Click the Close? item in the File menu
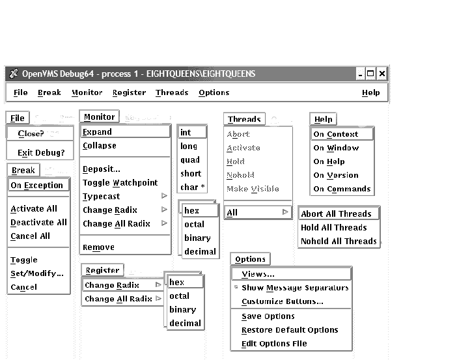(x=31, y=133)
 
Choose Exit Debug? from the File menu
(x=41, y=153)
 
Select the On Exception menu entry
(x=37, y=185)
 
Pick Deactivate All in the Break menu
(x=38, y=223)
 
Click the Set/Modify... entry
(x=37, y=273)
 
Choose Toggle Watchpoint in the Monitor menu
(x=120, y=183)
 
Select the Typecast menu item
(x=102, y=197)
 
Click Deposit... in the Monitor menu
(x=102, y=169)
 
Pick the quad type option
(x=190, y=160)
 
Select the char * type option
(x=191, y=187)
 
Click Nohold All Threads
(x=339, y=242)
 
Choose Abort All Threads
(x=336, y=214)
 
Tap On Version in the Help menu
(x=336, y=176)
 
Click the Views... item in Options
(x=258, y=274)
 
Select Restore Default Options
(x=290, y=330)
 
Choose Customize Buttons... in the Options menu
(x=283, y=302)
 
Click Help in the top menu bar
(x=370, y=93)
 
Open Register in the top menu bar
(x=129, y=93)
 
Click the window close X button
(x=382, y=74)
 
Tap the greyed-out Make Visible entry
(x=253, y=189)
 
